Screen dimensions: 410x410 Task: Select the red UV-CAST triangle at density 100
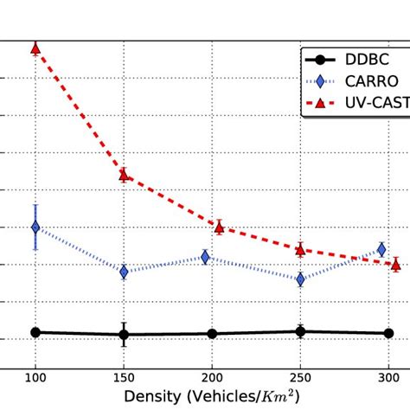pos(35,48)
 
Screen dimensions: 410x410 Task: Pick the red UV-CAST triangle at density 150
pos(124,175)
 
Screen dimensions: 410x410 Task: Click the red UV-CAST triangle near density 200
pos(219,227)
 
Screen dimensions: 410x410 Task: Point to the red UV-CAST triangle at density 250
pos(300,249)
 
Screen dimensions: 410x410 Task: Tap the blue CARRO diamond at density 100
pos(35,227)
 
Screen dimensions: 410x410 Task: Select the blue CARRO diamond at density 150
pos(124,272)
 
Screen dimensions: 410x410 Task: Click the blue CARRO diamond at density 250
pos(300,279)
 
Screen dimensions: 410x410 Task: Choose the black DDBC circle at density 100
pos(35,332)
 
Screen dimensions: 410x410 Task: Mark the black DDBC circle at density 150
pos(124,335)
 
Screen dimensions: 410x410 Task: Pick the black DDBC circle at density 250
pos(300,331)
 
